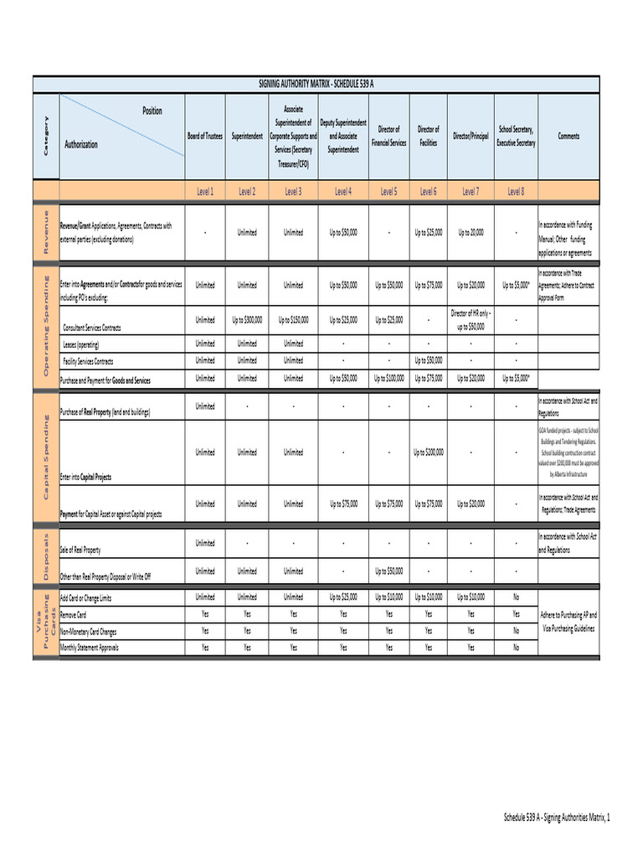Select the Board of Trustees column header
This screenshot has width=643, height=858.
point(204,136)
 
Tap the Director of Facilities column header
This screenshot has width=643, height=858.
point(428,136)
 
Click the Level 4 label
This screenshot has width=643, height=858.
point(343,192)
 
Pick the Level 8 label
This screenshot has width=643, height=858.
point(516,192)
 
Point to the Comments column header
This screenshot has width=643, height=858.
point(568,136)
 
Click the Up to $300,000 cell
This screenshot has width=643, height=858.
point(247,320)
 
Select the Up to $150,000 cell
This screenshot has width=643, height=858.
point(293,320)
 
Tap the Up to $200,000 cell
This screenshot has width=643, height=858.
point(428,452)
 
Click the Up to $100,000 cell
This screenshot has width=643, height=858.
point(388,379)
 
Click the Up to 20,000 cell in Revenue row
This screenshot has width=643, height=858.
point(471,232)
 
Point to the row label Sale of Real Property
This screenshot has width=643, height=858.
point(80,550)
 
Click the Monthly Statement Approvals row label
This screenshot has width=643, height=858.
point(89,648)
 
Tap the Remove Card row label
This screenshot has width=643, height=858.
point(73,615)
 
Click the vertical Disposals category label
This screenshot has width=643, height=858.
point(46,556)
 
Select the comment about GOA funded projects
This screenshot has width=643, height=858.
point(568,452)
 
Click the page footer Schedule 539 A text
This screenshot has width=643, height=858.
point(556,817)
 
